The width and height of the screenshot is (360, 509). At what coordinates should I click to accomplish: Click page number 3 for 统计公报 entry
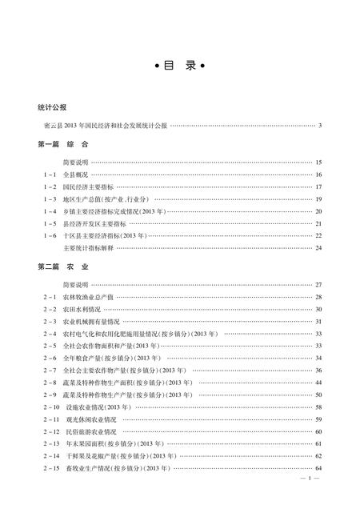click(x=318, y=125)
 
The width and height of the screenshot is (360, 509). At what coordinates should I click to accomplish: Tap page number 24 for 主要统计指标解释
click(x=318, y=247)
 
